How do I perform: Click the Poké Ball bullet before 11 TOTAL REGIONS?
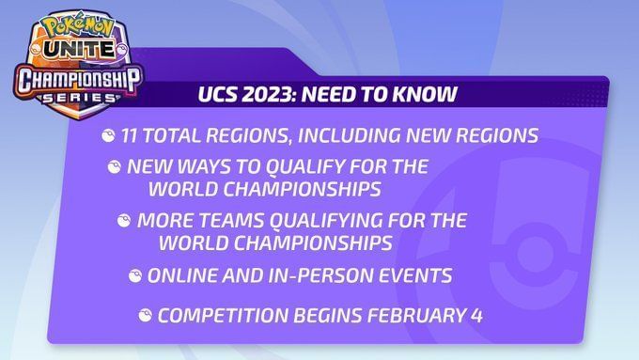(x=108, y=136)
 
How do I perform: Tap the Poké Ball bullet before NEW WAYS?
(x=115, y=167)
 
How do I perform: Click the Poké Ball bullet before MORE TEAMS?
(x=123, y=222)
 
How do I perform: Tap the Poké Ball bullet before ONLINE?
(x=134, y=276)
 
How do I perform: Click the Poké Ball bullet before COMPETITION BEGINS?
(x=144, y=316)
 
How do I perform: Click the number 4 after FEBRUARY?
(x=477, y=316)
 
